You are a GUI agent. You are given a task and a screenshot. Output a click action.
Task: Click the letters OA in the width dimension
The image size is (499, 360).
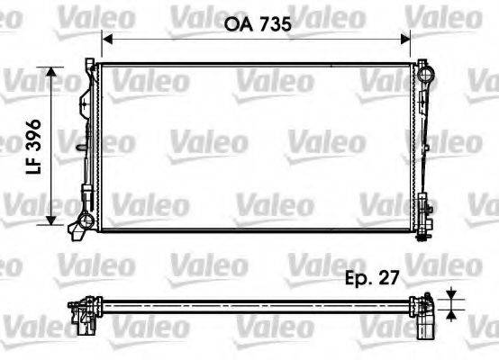click(233, 26)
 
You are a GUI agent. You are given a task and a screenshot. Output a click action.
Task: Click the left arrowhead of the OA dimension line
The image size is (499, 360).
click(105, 39)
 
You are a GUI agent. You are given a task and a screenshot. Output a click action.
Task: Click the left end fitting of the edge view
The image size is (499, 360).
click(84, 310)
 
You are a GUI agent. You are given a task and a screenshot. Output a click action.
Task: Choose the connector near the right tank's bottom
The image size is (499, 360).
click(430, 215)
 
